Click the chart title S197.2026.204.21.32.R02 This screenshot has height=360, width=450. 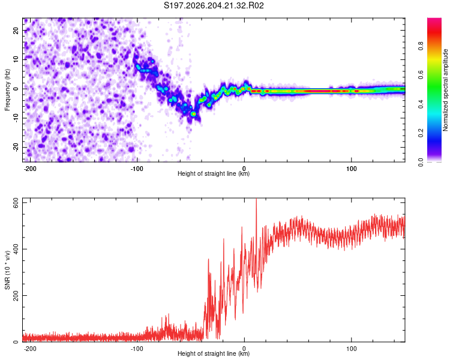214,5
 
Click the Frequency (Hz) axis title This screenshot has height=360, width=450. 7,90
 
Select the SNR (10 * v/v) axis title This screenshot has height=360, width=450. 7,270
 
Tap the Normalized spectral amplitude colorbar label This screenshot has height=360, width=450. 445,90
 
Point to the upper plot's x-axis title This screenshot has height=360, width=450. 214,173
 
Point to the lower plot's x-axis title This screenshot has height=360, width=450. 214,353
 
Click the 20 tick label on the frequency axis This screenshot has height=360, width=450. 16,30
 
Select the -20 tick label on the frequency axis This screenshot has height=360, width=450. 16,148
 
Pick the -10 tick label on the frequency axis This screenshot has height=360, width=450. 16,118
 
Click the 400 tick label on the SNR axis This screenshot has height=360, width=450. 16,249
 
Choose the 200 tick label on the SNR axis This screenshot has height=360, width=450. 16,295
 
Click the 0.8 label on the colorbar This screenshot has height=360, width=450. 421,46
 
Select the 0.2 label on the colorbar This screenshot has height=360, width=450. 421,133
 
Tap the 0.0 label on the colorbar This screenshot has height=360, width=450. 421,162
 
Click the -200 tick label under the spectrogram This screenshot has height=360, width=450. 30,169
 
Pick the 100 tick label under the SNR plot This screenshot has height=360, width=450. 351,349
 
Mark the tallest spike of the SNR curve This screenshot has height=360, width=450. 256,199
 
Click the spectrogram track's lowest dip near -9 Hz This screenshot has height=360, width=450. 194,114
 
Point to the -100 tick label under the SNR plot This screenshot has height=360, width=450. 137,349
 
